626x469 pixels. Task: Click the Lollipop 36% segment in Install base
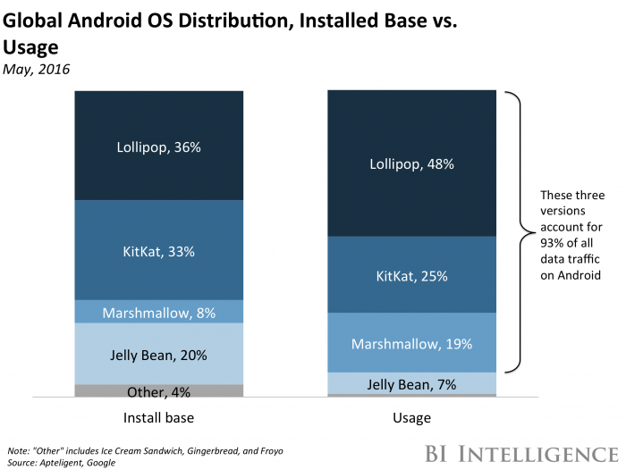point(158,145)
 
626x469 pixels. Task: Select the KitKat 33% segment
point(158,250)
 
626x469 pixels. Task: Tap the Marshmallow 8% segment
point(158,312)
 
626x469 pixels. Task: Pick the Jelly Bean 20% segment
point(158,354)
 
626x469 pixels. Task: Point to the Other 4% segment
point(158,390)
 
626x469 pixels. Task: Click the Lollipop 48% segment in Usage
point(411,163)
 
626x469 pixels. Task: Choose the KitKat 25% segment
point(411,274)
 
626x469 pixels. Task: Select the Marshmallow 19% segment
point(411,342)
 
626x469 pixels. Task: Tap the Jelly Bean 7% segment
point(411,383)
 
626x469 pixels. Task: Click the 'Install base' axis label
point(158,418)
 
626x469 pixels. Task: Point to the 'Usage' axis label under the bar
point(411,418)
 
